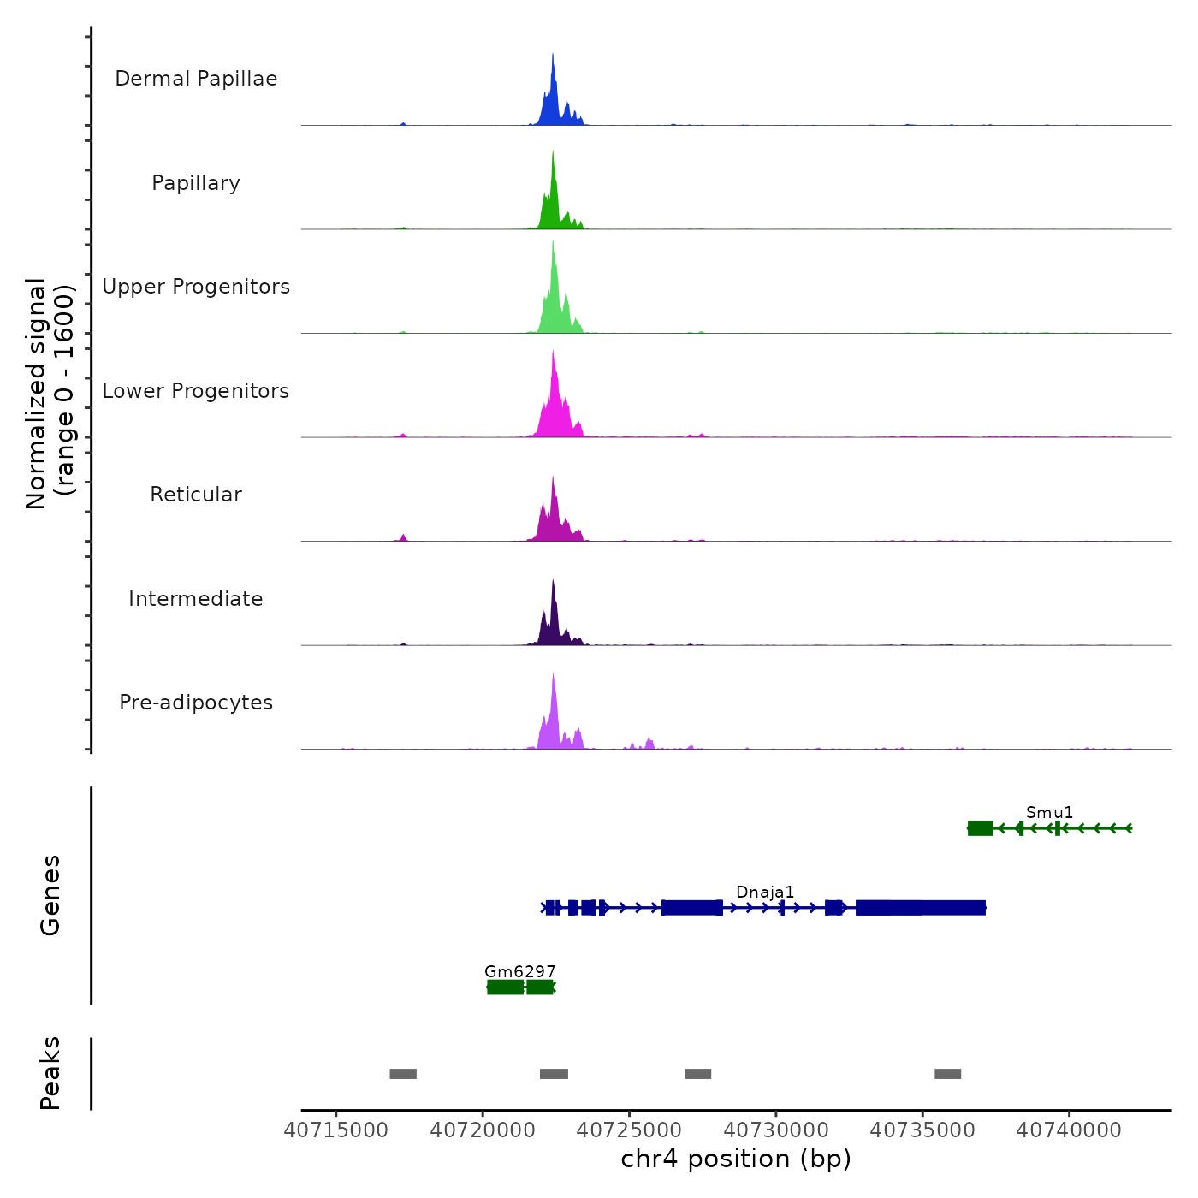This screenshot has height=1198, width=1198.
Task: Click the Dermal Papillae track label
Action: click(196, 79)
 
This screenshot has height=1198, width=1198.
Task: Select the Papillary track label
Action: click(196, 183)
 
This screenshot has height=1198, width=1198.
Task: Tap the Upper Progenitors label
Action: click(196, 287)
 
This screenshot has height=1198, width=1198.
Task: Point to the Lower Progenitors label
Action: click(196, 391)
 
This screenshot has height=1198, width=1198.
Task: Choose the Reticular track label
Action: click(196, 495)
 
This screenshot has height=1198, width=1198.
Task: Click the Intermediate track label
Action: click(196, 599)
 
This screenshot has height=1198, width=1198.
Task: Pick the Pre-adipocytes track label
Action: click(196, 703)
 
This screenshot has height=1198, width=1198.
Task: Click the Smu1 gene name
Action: click(1049, 812)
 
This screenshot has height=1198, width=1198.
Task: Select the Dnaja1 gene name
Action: click(765, 892)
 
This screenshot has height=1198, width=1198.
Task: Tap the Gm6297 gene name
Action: click(519, 971)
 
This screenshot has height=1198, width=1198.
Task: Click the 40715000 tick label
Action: click(335, 1130)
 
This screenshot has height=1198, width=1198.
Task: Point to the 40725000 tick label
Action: click(629, 1130)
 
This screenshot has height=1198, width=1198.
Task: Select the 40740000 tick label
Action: click(1069, 1130)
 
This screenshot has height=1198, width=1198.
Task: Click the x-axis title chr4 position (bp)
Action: click(736, 1159)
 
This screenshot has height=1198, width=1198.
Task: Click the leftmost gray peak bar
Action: click(403, 1074)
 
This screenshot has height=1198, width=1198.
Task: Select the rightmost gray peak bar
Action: click(947, 1074)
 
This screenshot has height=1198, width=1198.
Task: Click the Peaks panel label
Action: click(50, 1073)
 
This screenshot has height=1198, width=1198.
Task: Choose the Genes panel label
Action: click(50, 895)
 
